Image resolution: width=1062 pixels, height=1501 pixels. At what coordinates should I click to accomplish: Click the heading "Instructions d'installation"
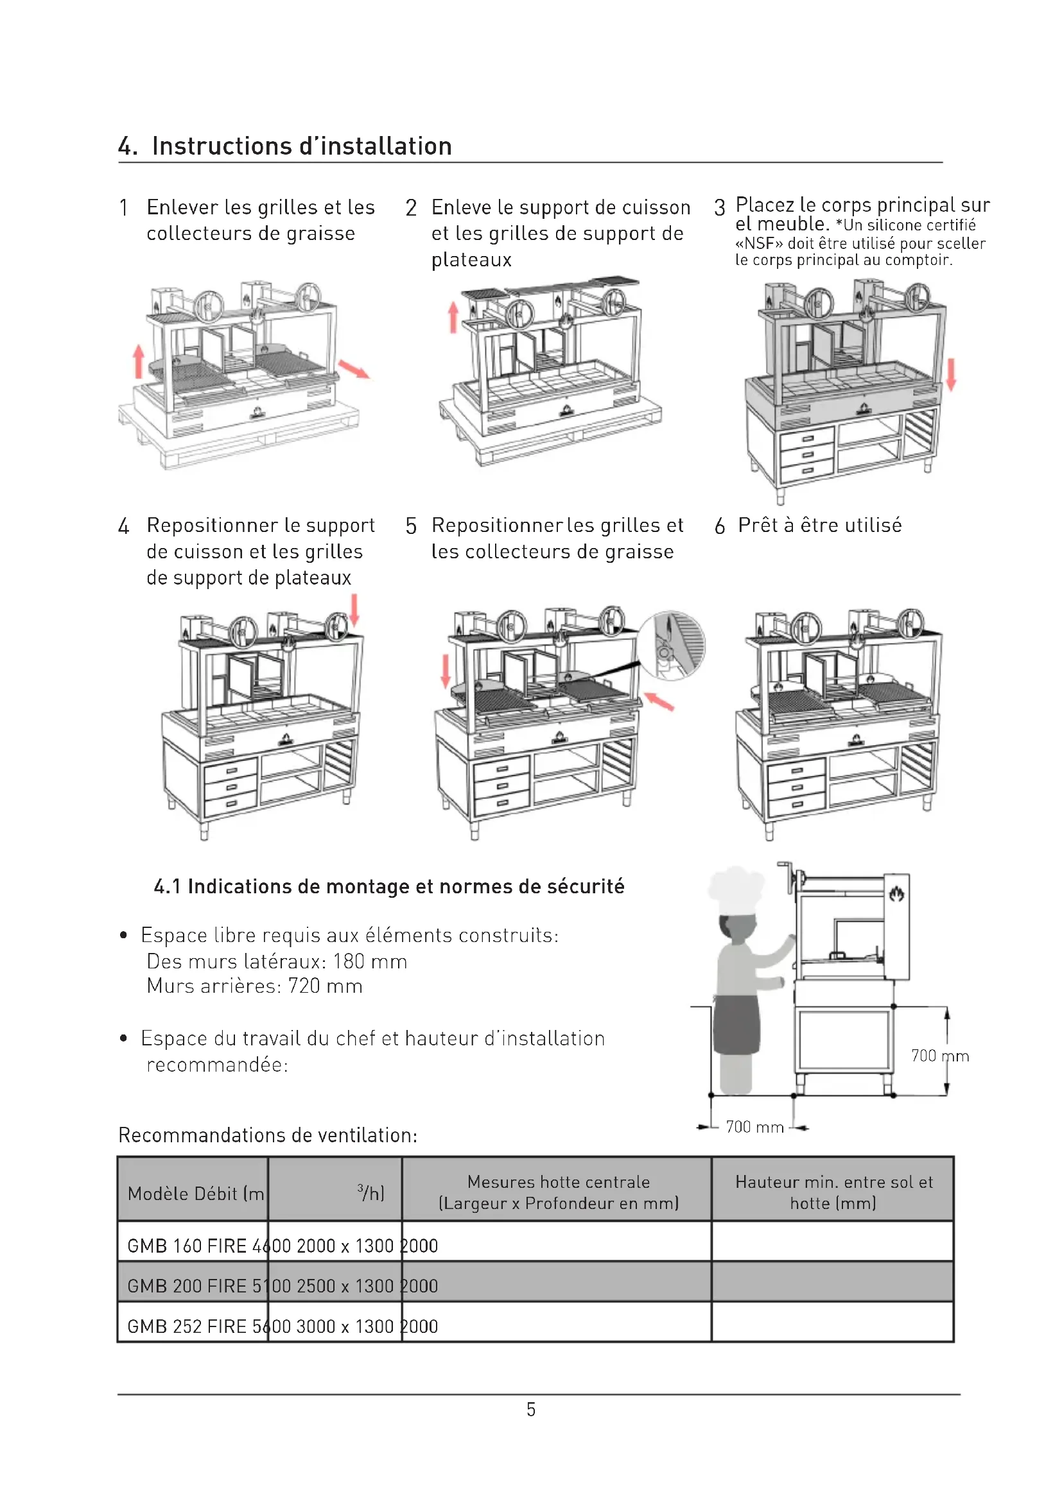[x=302, y=146]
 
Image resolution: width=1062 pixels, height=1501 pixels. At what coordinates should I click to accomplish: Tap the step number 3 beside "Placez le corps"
[x=719, y=208]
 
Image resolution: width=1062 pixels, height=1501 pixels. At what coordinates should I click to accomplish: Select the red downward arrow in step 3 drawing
[x=951, y=374]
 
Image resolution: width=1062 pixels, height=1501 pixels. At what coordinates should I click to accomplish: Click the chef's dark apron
[x=736, y=1023]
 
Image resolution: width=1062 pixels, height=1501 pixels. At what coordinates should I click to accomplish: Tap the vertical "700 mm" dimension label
[x=939, y=1056]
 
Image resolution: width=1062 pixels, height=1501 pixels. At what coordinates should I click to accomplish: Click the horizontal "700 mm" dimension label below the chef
[x=754, y=1127]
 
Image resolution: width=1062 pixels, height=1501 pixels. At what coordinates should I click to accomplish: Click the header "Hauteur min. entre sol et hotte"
[x=833, y=1192]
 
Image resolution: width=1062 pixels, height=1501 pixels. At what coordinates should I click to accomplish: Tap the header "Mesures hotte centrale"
[x=558, y=1182]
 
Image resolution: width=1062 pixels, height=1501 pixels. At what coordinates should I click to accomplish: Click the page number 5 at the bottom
[x=531, y=1409]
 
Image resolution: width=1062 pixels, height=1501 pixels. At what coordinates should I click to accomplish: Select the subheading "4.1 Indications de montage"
[x=389, y=886]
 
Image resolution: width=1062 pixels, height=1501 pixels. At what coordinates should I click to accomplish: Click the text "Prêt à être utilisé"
[x=819, y=526]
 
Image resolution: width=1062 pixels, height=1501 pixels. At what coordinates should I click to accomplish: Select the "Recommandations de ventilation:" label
[x=268, y=1135]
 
